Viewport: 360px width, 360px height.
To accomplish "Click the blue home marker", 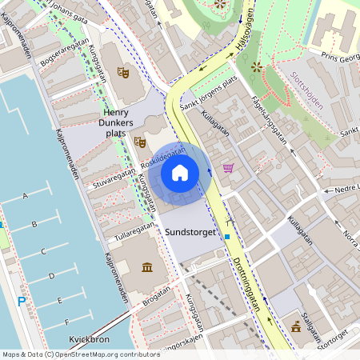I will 180,173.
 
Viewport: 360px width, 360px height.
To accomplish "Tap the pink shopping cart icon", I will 229,168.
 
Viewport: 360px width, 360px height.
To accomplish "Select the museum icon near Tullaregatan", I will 147,266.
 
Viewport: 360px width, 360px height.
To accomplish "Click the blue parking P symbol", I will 22,302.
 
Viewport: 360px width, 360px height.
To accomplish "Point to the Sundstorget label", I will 190,232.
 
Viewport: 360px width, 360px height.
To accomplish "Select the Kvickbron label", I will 88,338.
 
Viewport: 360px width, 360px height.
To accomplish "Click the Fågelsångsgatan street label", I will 268,118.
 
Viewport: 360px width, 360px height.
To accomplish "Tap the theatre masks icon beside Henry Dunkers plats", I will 140,142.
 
